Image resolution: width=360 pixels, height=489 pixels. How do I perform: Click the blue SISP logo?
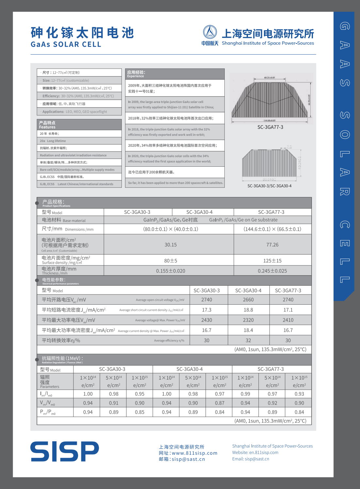(65, 451)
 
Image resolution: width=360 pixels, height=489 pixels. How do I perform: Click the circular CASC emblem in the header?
(210, 32)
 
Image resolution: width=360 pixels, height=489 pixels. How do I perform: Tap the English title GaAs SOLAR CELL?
(66, 44)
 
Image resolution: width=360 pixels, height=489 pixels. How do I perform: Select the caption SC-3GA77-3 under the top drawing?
(270, 127)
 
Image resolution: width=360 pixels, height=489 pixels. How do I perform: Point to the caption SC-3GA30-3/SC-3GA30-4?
(269, 186)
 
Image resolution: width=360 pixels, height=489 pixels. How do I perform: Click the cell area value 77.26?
(272, 245)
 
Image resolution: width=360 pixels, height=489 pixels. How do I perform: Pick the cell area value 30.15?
(171, 245)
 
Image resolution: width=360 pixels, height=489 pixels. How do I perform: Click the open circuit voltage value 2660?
(248, 300)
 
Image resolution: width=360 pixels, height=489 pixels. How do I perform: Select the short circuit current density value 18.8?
(248, 310)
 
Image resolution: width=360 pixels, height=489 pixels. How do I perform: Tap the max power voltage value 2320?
(248, 320)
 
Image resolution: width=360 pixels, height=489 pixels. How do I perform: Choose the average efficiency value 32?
(248, 340)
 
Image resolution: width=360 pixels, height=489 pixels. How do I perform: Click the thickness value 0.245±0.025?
(272, 271)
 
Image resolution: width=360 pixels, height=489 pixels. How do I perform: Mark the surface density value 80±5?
(171, 261)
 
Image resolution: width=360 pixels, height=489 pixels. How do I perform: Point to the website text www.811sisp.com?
(195, 453)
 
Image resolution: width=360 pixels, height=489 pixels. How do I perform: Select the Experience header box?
(175, 74)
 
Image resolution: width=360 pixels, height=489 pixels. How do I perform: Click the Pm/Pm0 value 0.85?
(139, 412)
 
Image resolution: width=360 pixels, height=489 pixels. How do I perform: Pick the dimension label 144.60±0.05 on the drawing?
(270, 120)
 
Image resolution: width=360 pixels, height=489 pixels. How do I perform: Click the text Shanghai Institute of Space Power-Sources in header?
(268, 43)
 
